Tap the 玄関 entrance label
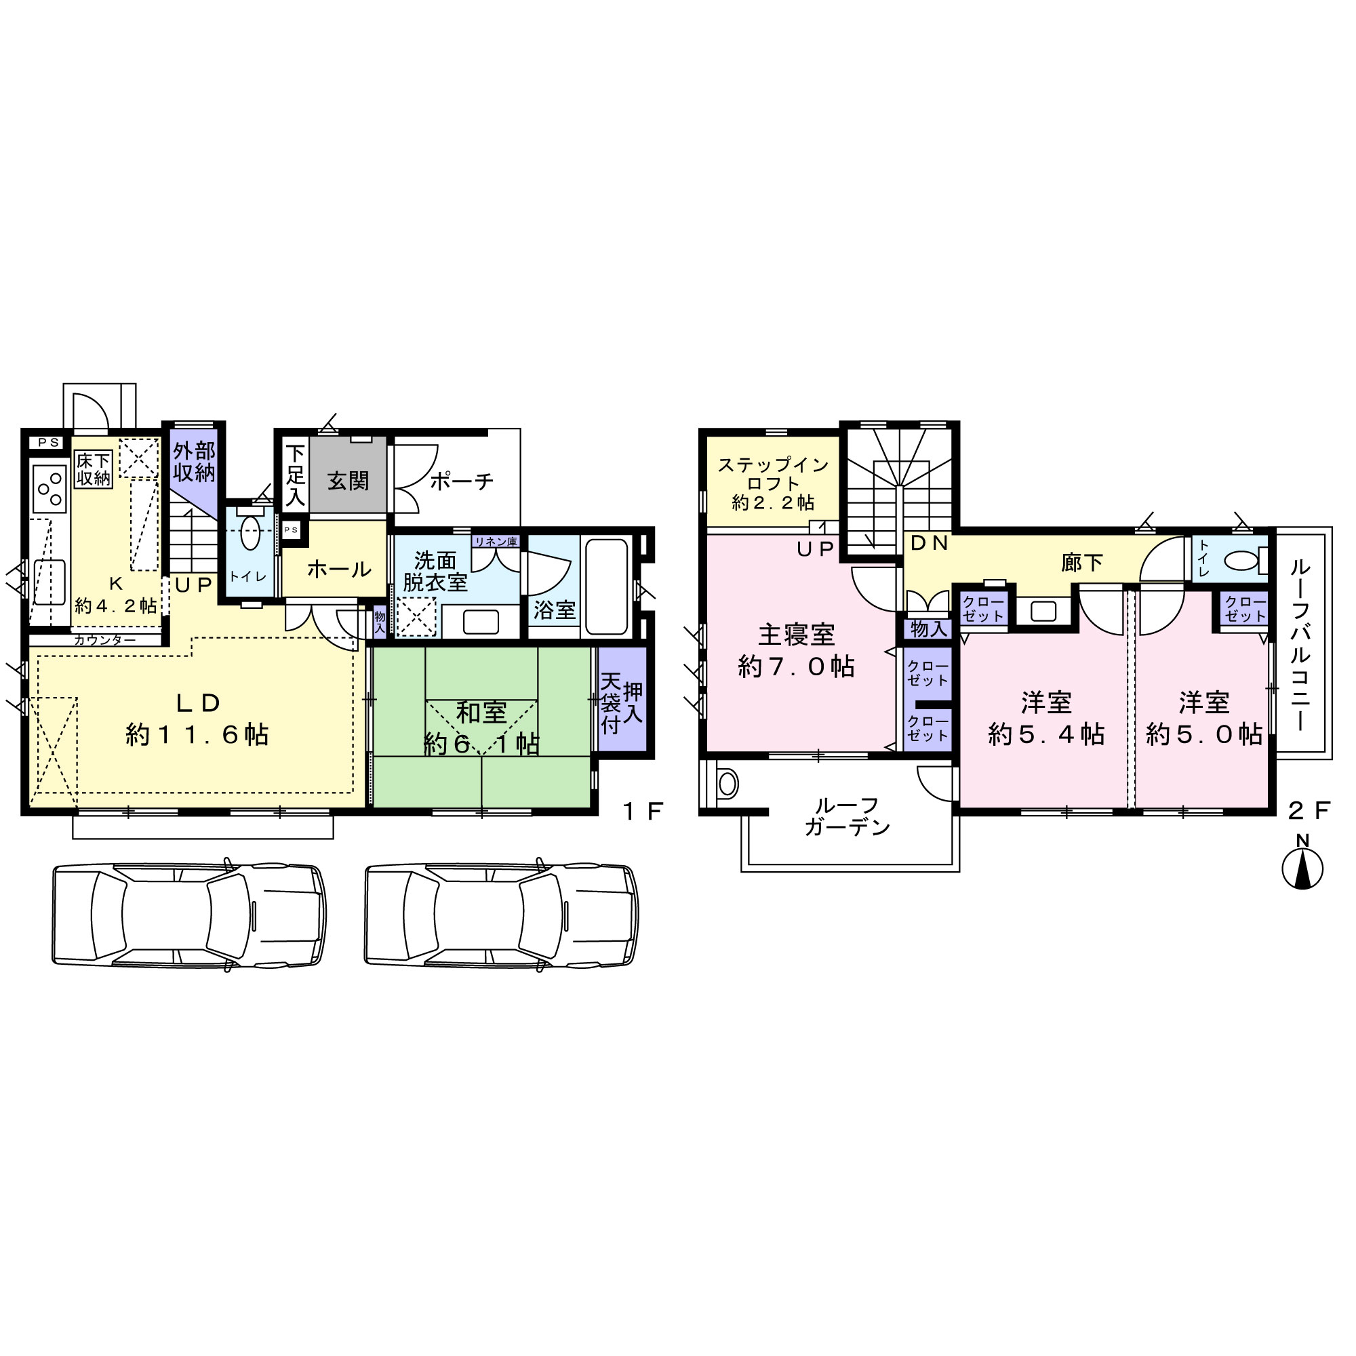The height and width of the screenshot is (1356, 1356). click(x=348, y=481)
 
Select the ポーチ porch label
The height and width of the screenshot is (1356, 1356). click(x=461, y=481)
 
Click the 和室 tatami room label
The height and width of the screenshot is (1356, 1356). click(x=481, y=713)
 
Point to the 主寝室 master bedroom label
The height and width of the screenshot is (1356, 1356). click(x=797, y=635)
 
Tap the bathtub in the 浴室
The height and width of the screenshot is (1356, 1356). click(x=606, y=586)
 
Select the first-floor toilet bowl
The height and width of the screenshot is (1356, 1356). click(x=251, y=534)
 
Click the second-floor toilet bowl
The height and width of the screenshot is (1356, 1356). click(x=1240, y=561)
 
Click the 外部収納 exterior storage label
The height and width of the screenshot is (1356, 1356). click(x=195, y=461)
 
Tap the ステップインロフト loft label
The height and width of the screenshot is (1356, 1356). click(x=774, y=483)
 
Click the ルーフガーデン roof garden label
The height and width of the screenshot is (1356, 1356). click(x=848, y=816)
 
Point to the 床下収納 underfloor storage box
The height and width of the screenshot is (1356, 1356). click(x=94, y=470)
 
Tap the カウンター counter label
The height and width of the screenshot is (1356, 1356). click(x=105, y=640)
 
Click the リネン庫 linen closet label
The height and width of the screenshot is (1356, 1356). click(x=496, y=542)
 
